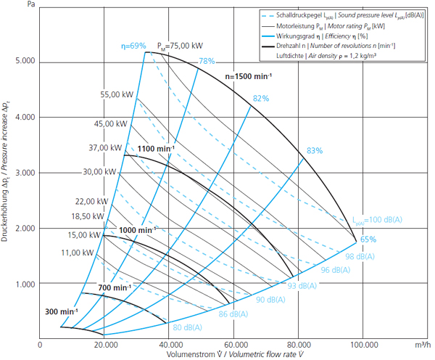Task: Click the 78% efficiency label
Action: coord(207,61)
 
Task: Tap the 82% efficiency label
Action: coord(261,98)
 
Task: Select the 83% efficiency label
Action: coord(315,151)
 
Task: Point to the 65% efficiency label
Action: coord(368,240)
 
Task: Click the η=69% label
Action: coord(133,46)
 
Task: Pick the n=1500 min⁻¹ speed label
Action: coord(249,76)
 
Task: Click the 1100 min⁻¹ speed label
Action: coord(156,149)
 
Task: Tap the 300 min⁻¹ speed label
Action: coord(62,311)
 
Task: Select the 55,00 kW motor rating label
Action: coord(117,95)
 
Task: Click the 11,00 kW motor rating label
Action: coord(78,253)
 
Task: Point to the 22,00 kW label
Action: coord(91,201)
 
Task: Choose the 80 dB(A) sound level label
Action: coord(188,327)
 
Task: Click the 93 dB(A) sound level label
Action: coord(302,286)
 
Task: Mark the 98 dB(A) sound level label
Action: coord(360,256)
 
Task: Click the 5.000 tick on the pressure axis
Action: coord(25,61)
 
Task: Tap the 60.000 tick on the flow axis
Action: coord(234,345)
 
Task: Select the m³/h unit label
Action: coord(423,345)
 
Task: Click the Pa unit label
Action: coord(31,4)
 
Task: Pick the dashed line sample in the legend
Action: coord(268,16)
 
